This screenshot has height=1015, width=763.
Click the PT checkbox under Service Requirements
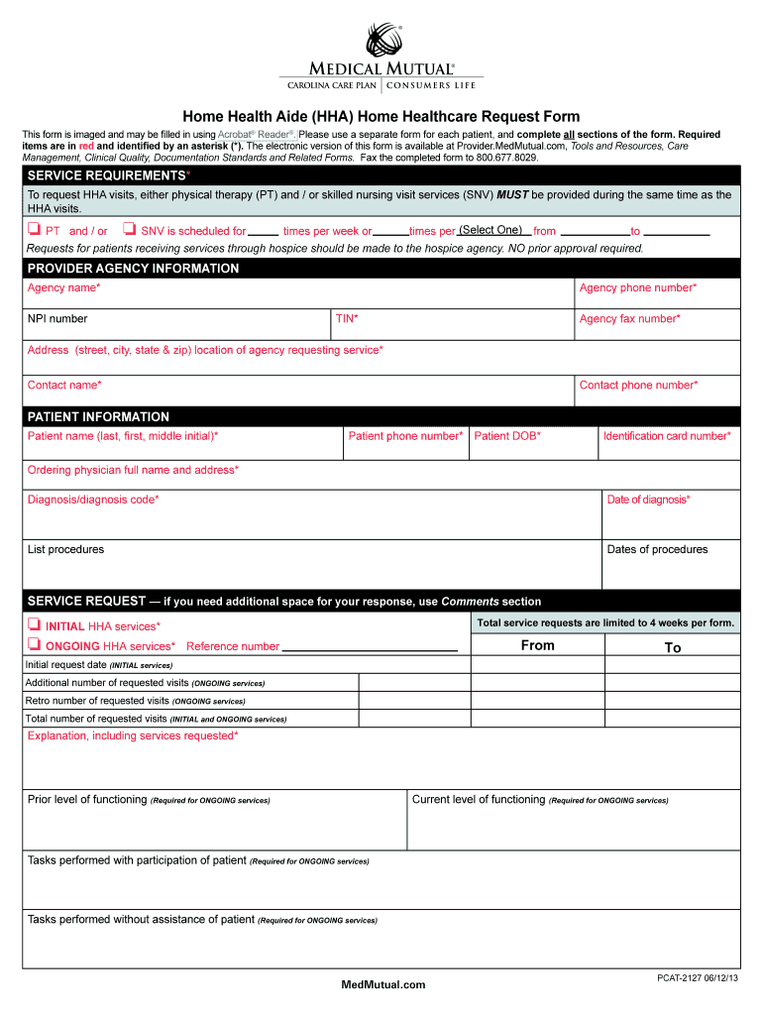pyautogui.click(x=34, y=231)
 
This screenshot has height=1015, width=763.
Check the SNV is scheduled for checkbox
pyautogui.click(x=129, y=231)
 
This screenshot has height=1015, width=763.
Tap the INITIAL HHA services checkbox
pyautogui.click(x=34, y=625)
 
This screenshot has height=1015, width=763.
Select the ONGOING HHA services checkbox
pyautogui.click(x=34, y=646)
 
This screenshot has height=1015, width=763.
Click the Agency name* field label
pyautogui.click(x=63, y=287)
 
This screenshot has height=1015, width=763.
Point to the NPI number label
pyautogui.click(x=57, y=319)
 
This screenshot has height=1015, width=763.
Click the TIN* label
pyautogui.click(x=347, y=319)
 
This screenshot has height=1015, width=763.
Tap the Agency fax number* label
pyautogui.click(x=629, y=319)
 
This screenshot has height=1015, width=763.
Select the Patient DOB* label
pyautogui.click(x=507, y=436)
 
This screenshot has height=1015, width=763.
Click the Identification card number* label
pyautogui.click(x=667, y=436)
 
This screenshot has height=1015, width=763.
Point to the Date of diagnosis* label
pyautogui.click(x=648, y=500)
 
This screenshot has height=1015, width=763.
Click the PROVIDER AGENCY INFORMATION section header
pyautogui.click(x=133, y=269)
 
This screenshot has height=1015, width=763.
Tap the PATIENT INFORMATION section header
pyautogui.click(x=98, y=416)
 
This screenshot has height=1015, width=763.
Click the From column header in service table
pyautogui.click(x=538, y=646)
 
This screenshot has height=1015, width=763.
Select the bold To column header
pyautogui.click(x=673, y=647)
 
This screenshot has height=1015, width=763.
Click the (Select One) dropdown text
pyautogui.click(x=490, y=230)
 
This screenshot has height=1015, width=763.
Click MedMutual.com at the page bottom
pyautogui.click(x=382, y=984)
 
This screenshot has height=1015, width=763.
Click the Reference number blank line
pyautogui.click(x=370, y=646)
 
